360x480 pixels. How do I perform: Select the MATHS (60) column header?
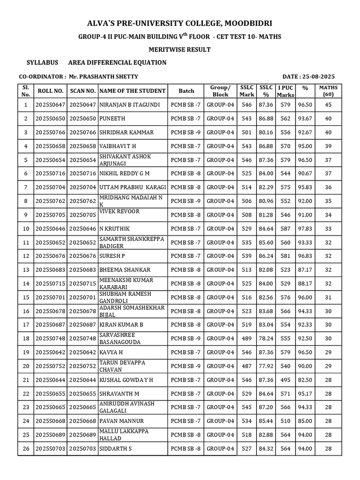pos(328,91)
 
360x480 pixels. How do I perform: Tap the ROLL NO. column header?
pos(50,91)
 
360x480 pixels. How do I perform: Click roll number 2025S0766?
pos(50,133)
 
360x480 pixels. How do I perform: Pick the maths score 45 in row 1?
pos(328,105)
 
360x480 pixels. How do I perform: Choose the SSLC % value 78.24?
pos(266,338)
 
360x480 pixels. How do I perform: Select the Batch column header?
pos(186,91)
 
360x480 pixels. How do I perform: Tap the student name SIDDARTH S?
pos(115,449)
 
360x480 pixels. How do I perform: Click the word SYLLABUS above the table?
pos(43,63)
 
